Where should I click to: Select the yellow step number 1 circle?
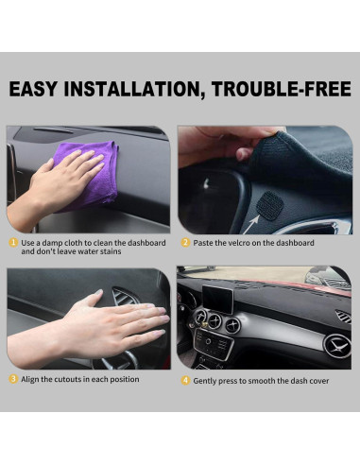click(13, 243)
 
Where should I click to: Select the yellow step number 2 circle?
click(185, 243)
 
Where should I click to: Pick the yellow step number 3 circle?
click(13, 379)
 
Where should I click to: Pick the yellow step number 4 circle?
click(185, 379)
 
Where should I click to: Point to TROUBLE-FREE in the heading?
click(287, 91)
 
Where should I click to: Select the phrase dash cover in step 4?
click(310, 379)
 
